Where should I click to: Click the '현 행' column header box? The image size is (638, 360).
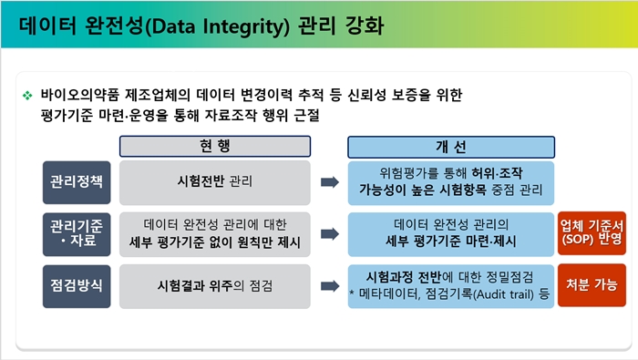[x=215, y=147]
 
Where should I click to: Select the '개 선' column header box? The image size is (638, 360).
[x=451, y=147]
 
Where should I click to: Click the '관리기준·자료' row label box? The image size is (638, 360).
[x=77, y=233]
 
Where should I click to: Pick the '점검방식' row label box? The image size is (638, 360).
[x=77, y=284]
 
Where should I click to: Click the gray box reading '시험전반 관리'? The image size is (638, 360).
[x=215, y=181]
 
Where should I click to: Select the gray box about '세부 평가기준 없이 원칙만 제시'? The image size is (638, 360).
[x=215, y=233]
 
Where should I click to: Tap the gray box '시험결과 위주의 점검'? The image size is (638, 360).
[x=215, y=284]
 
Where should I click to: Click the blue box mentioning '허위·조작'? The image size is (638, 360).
[x=451, y=181]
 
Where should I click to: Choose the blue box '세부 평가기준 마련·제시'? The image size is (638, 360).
[x=451, y=233]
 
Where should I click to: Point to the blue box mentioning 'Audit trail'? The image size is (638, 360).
[x=451, y=284]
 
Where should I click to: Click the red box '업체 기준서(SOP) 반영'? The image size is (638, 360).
[x=592, y=233]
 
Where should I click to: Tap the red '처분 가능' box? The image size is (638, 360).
[x=592, y=284]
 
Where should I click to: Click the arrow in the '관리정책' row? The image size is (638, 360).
[x=329, y=182]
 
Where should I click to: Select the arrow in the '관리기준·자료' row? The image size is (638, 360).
[x=329, y=233]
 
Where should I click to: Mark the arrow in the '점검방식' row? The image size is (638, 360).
[x=329, y=285]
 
